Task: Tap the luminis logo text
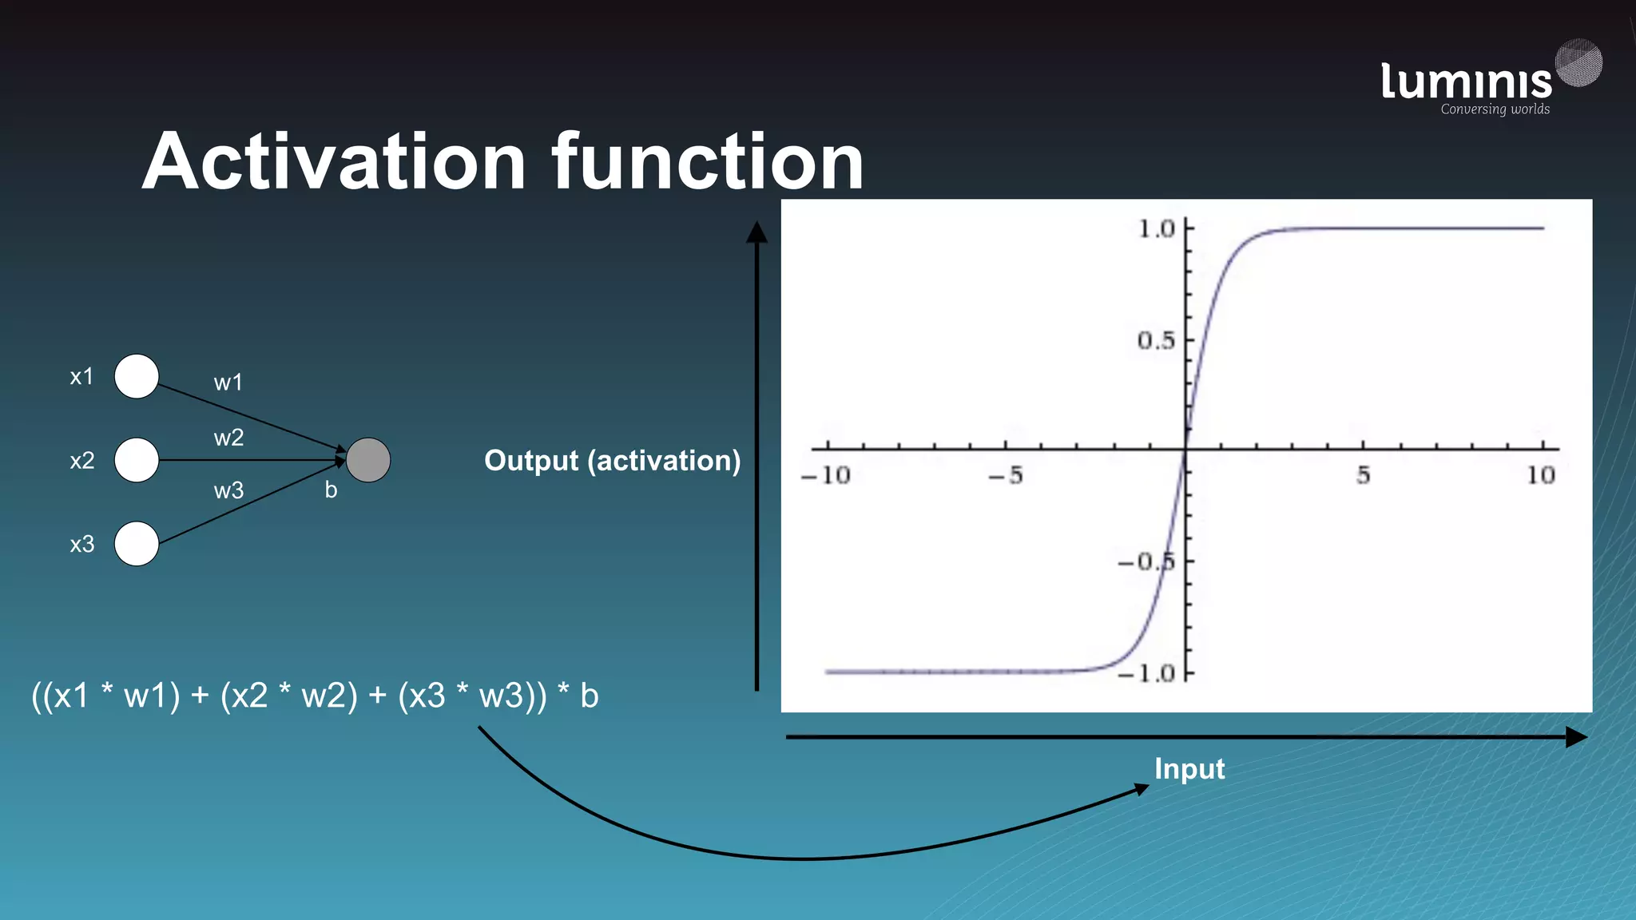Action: coord(1466,81)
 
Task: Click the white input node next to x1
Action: coord(137,376)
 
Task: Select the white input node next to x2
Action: coord(137,460)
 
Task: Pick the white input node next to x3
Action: coord(137,544)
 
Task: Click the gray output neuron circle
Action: coord(368,460)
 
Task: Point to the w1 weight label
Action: coord(228,383)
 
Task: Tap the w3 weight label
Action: coord(228,490)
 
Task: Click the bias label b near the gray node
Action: coord(331,490)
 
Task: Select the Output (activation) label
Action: coord(612,461)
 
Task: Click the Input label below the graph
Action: coord(1189,768)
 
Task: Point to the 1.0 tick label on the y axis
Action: coord(1156,229)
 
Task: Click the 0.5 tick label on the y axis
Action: coord(1156,341)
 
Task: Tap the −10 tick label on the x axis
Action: coord(826,476)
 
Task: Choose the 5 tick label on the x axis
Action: coord(1363,476)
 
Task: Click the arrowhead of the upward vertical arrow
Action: coord(756,232)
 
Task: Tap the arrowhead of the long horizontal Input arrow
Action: coord(1575,737)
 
